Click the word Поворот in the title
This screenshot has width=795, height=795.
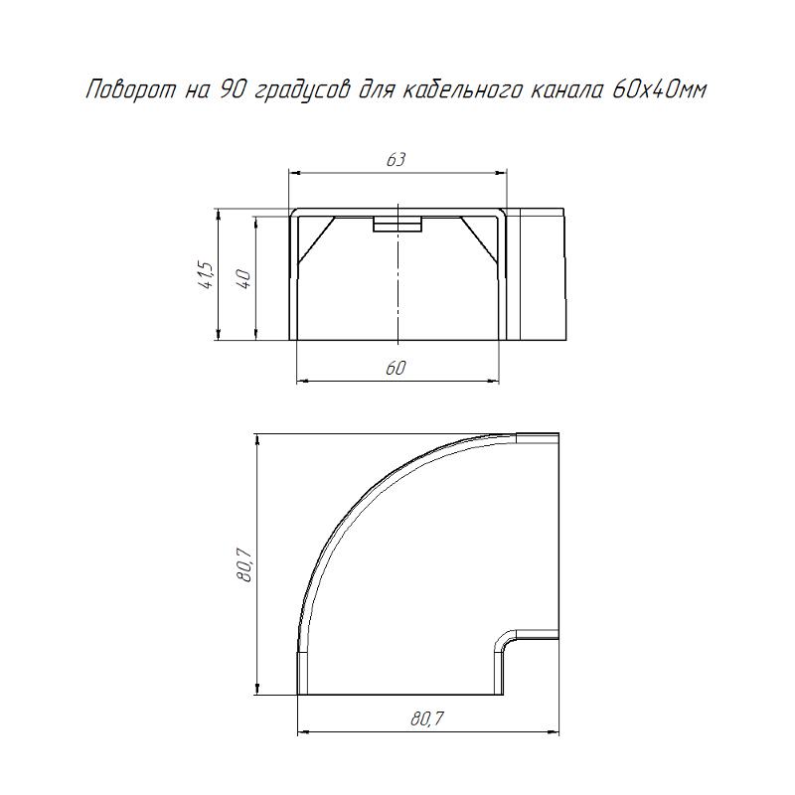pyautogui.click(x=131, y=90)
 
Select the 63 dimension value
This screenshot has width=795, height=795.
pyautogui.click(x=396, y=160)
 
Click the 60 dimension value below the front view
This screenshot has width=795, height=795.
pyautogui.click(x=396, y=368)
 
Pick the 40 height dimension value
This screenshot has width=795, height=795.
pyautogui.click(x=243, y=279)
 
